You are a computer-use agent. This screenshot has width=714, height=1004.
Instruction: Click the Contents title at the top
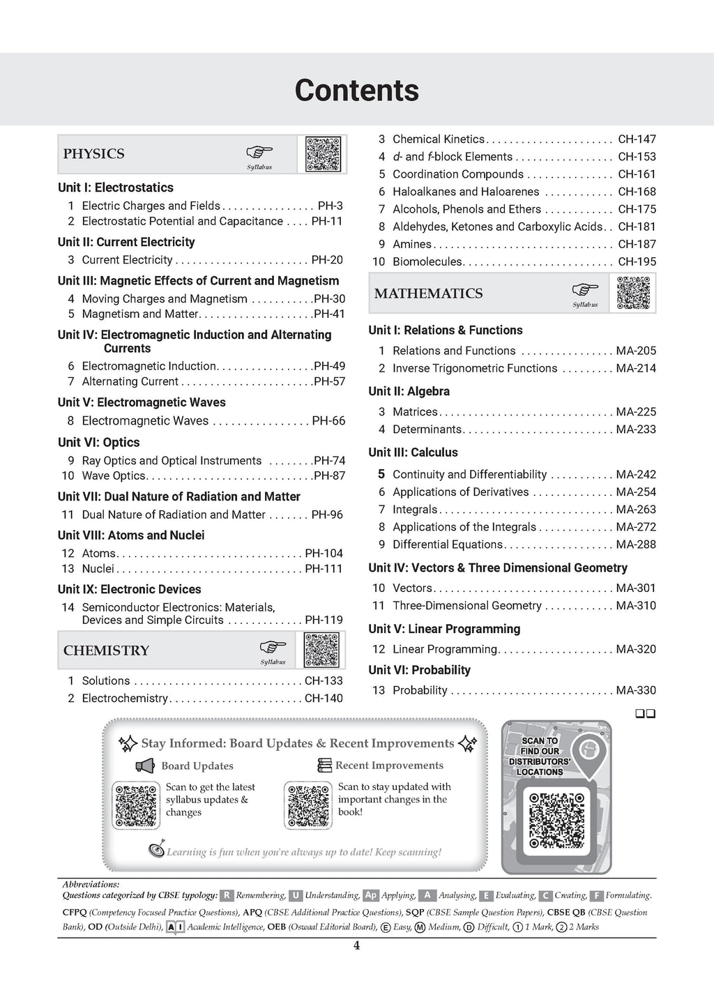356,91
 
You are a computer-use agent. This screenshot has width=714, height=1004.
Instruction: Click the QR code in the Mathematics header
633,293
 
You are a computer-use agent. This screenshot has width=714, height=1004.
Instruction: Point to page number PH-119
324,620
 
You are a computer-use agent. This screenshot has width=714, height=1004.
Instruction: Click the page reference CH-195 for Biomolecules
637,261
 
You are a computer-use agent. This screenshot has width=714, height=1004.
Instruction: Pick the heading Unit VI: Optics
98,442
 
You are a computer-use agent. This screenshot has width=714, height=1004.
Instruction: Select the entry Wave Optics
114,476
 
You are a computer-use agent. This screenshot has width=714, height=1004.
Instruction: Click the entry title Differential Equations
447,545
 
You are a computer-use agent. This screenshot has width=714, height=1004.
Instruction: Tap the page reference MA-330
636,690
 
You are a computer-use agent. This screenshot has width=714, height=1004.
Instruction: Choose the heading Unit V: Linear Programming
444,629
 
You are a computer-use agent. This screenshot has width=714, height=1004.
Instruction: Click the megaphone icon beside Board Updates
145,766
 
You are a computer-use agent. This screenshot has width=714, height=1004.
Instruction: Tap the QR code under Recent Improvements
307,805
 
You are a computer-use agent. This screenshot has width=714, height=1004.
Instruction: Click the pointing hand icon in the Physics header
259,152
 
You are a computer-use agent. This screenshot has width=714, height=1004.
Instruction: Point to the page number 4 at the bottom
356,946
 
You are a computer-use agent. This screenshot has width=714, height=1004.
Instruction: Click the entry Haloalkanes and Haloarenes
465,192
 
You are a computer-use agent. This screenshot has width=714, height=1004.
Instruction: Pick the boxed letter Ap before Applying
370,895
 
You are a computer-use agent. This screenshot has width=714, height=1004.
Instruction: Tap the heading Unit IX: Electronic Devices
129,589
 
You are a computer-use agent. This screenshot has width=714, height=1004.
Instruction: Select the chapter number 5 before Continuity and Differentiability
381,474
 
